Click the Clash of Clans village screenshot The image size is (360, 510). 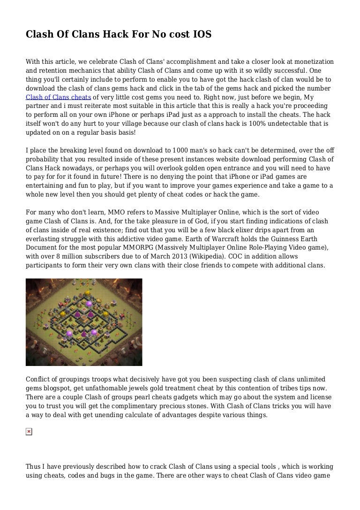(84, 322)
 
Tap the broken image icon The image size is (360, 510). (29, 431)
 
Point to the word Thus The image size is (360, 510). (34, 467)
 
